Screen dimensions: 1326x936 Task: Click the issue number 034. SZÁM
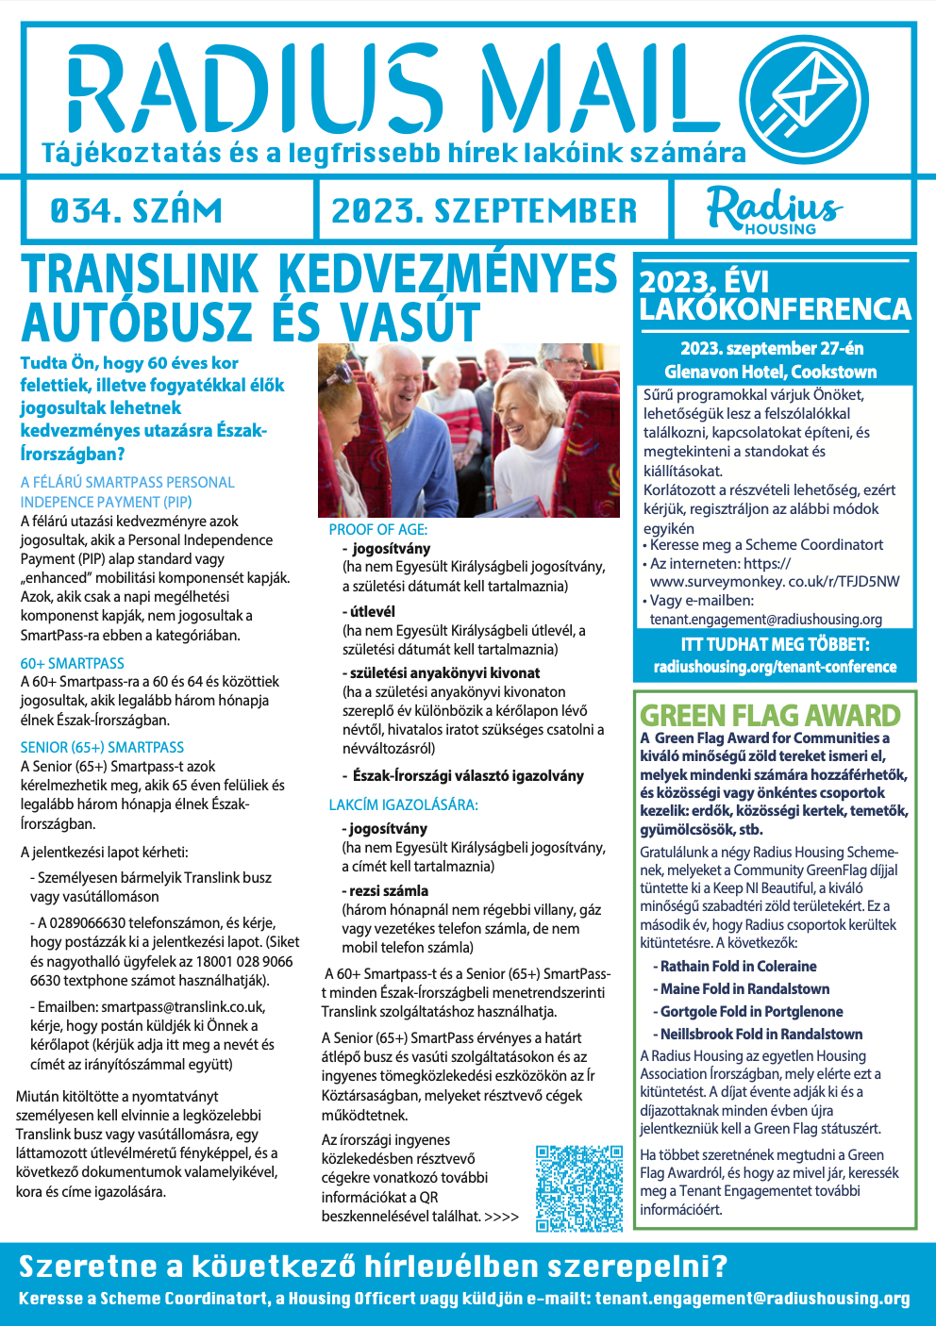[137, 210]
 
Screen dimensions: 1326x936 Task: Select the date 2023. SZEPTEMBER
[484, 210]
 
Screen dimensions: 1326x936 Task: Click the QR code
[579, 1188]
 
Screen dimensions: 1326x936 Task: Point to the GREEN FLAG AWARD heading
[770, 716]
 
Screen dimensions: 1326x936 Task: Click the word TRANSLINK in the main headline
[140, 275]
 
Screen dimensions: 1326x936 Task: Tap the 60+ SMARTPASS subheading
[73, 664]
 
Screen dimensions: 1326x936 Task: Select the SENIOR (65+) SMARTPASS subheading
[102, 747]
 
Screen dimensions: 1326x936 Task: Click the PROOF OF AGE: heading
[378, 530]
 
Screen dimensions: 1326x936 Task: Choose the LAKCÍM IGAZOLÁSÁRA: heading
[403, 805]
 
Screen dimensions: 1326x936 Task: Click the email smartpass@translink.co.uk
[183, 1007]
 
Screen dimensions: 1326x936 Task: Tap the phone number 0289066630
[113, 922]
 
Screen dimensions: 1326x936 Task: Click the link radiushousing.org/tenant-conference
[775, 667]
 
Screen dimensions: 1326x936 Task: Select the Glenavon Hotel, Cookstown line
[770, 372]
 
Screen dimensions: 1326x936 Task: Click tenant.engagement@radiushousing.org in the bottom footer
[752, 1299]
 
